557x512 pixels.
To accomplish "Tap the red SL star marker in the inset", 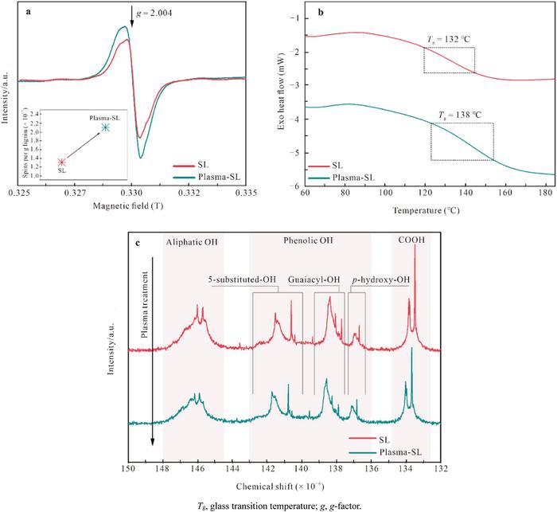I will [62, 162].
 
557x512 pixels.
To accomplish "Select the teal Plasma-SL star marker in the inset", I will [106, 127].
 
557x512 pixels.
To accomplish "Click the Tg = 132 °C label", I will [450, 39].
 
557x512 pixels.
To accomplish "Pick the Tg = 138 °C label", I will [460, 115].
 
